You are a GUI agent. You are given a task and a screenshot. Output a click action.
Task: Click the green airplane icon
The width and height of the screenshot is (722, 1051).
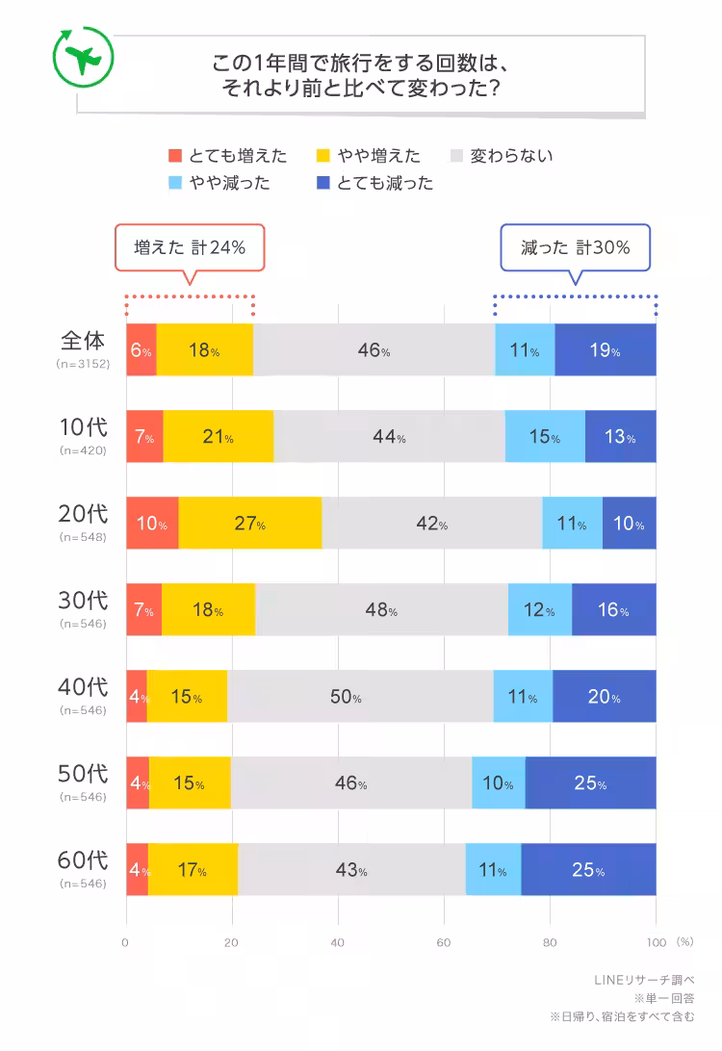[83, 58]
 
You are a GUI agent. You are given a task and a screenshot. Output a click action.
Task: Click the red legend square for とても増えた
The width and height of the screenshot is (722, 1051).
[174, 156]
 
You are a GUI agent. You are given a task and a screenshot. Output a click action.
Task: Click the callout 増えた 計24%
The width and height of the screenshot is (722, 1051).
[189, 247]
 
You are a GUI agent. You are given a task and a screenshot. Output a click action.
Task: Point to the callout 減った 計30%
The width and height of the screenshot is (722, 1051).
[575, 247]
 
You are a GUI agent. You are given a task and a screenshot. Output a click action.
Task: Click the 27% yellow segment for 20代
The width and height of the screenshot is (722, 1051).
[249, 524]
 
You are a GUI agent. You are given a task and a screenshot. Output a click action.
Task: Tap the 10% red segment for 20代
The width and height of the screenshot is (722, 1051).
[152, 524]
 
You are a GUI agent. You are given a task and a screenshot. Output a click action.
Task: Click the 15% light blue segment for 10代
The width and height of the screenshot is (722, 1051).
[545, 437]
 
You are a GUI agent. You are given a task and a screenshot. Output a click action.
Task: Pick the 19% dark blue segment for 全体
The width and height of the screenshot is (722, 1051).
[606, 350]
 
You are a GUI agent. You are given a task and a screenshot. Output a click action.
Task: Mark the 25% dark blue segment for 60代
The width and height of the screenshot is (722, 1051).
[588, 870]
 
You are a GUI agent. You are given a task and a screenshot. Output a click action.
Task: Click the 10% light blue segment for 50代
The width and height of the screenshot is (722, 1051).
[498, 783]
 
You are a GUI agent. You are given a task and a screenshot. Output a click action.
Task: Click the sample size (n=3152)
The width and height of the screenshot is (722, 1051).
[83, 364]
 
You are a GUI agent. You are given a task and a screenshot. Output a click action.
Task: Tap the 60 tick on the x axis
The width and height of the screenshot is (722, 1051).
[444, 941]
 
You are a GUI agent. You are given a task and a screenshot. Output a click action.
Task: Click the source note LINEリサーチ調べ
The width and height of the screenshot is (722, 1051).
[644, 980]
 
